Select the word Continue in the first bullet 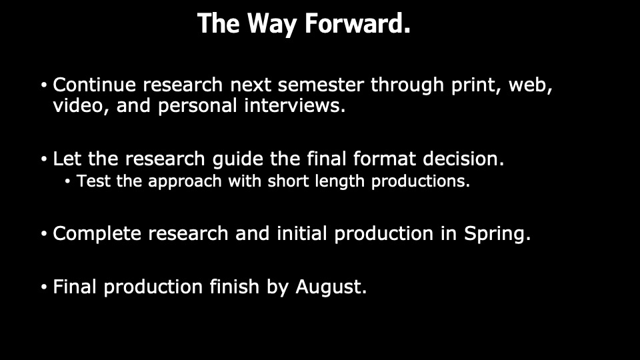click(94, 85)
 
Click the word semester click(321, 85)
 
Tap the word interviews click(295, 106)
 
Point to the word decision click(464, 159)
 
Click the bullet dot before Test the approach click(68, 181)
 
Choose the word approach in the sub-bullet click(185, 181)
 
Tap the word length click(339, 181)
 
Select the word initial click(301, 233)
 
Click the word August click(331, 287)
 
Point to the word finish click(235, 287)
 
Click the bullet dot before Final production click(44, 287)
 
